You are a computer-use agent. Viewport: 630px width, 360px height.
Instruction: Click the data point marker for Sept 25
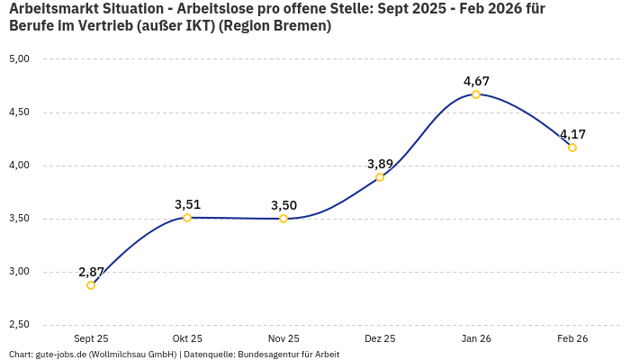click(x=91, y=285)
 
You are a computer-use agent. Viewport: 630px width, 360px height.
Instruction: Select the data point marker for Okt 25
click(x=187, y=218)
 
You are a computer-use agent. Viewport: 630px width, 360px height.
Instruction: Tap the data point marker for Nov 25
click(x=283, y=219)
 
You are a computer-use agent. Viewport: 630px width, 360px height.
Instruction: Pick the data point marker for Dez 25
click(x=380, y=177)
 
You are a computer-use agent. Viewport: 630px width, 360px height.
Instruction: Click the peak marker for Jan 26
click(x=476, y=94)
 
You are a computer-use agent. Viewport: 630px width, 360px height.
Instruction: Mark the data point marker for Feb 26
click(x=572, y=148)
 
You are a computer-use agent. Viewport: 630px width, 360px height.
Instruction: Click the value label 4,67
click(x=476, y=81)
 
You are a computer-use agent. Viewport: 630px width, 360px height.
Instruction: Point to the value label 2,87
click(x=91, y=272)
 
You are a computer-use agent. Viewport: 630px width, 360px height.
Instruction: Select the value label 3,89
click(x=380, y=164)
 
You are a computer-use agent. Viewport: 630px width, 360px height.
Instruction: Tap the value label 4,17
click(x=572, y=134)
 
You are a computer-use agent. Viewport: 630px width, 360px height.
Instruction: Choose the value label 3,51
click(x=187, y=204)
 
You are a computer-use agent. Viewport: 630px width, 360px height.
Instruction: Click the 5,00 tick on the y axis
click(x=19, y=59)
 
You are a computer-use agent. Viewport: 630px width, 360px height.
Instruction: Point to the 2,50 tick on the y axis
click(x=19, y=325)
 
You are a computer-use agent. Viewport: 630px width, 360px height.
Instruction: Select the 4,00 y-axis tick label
click(x=19, y=166)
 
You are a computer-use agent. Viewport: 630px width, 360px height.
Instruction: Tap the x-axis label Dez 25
click(x=380, y=338)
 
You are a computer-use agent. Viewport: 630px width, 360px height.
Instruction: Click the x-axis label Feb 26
click(x=572, y=338)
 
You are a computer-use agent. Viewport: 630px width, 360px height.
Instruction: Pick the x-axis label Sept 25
click(x=91, y=338)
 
